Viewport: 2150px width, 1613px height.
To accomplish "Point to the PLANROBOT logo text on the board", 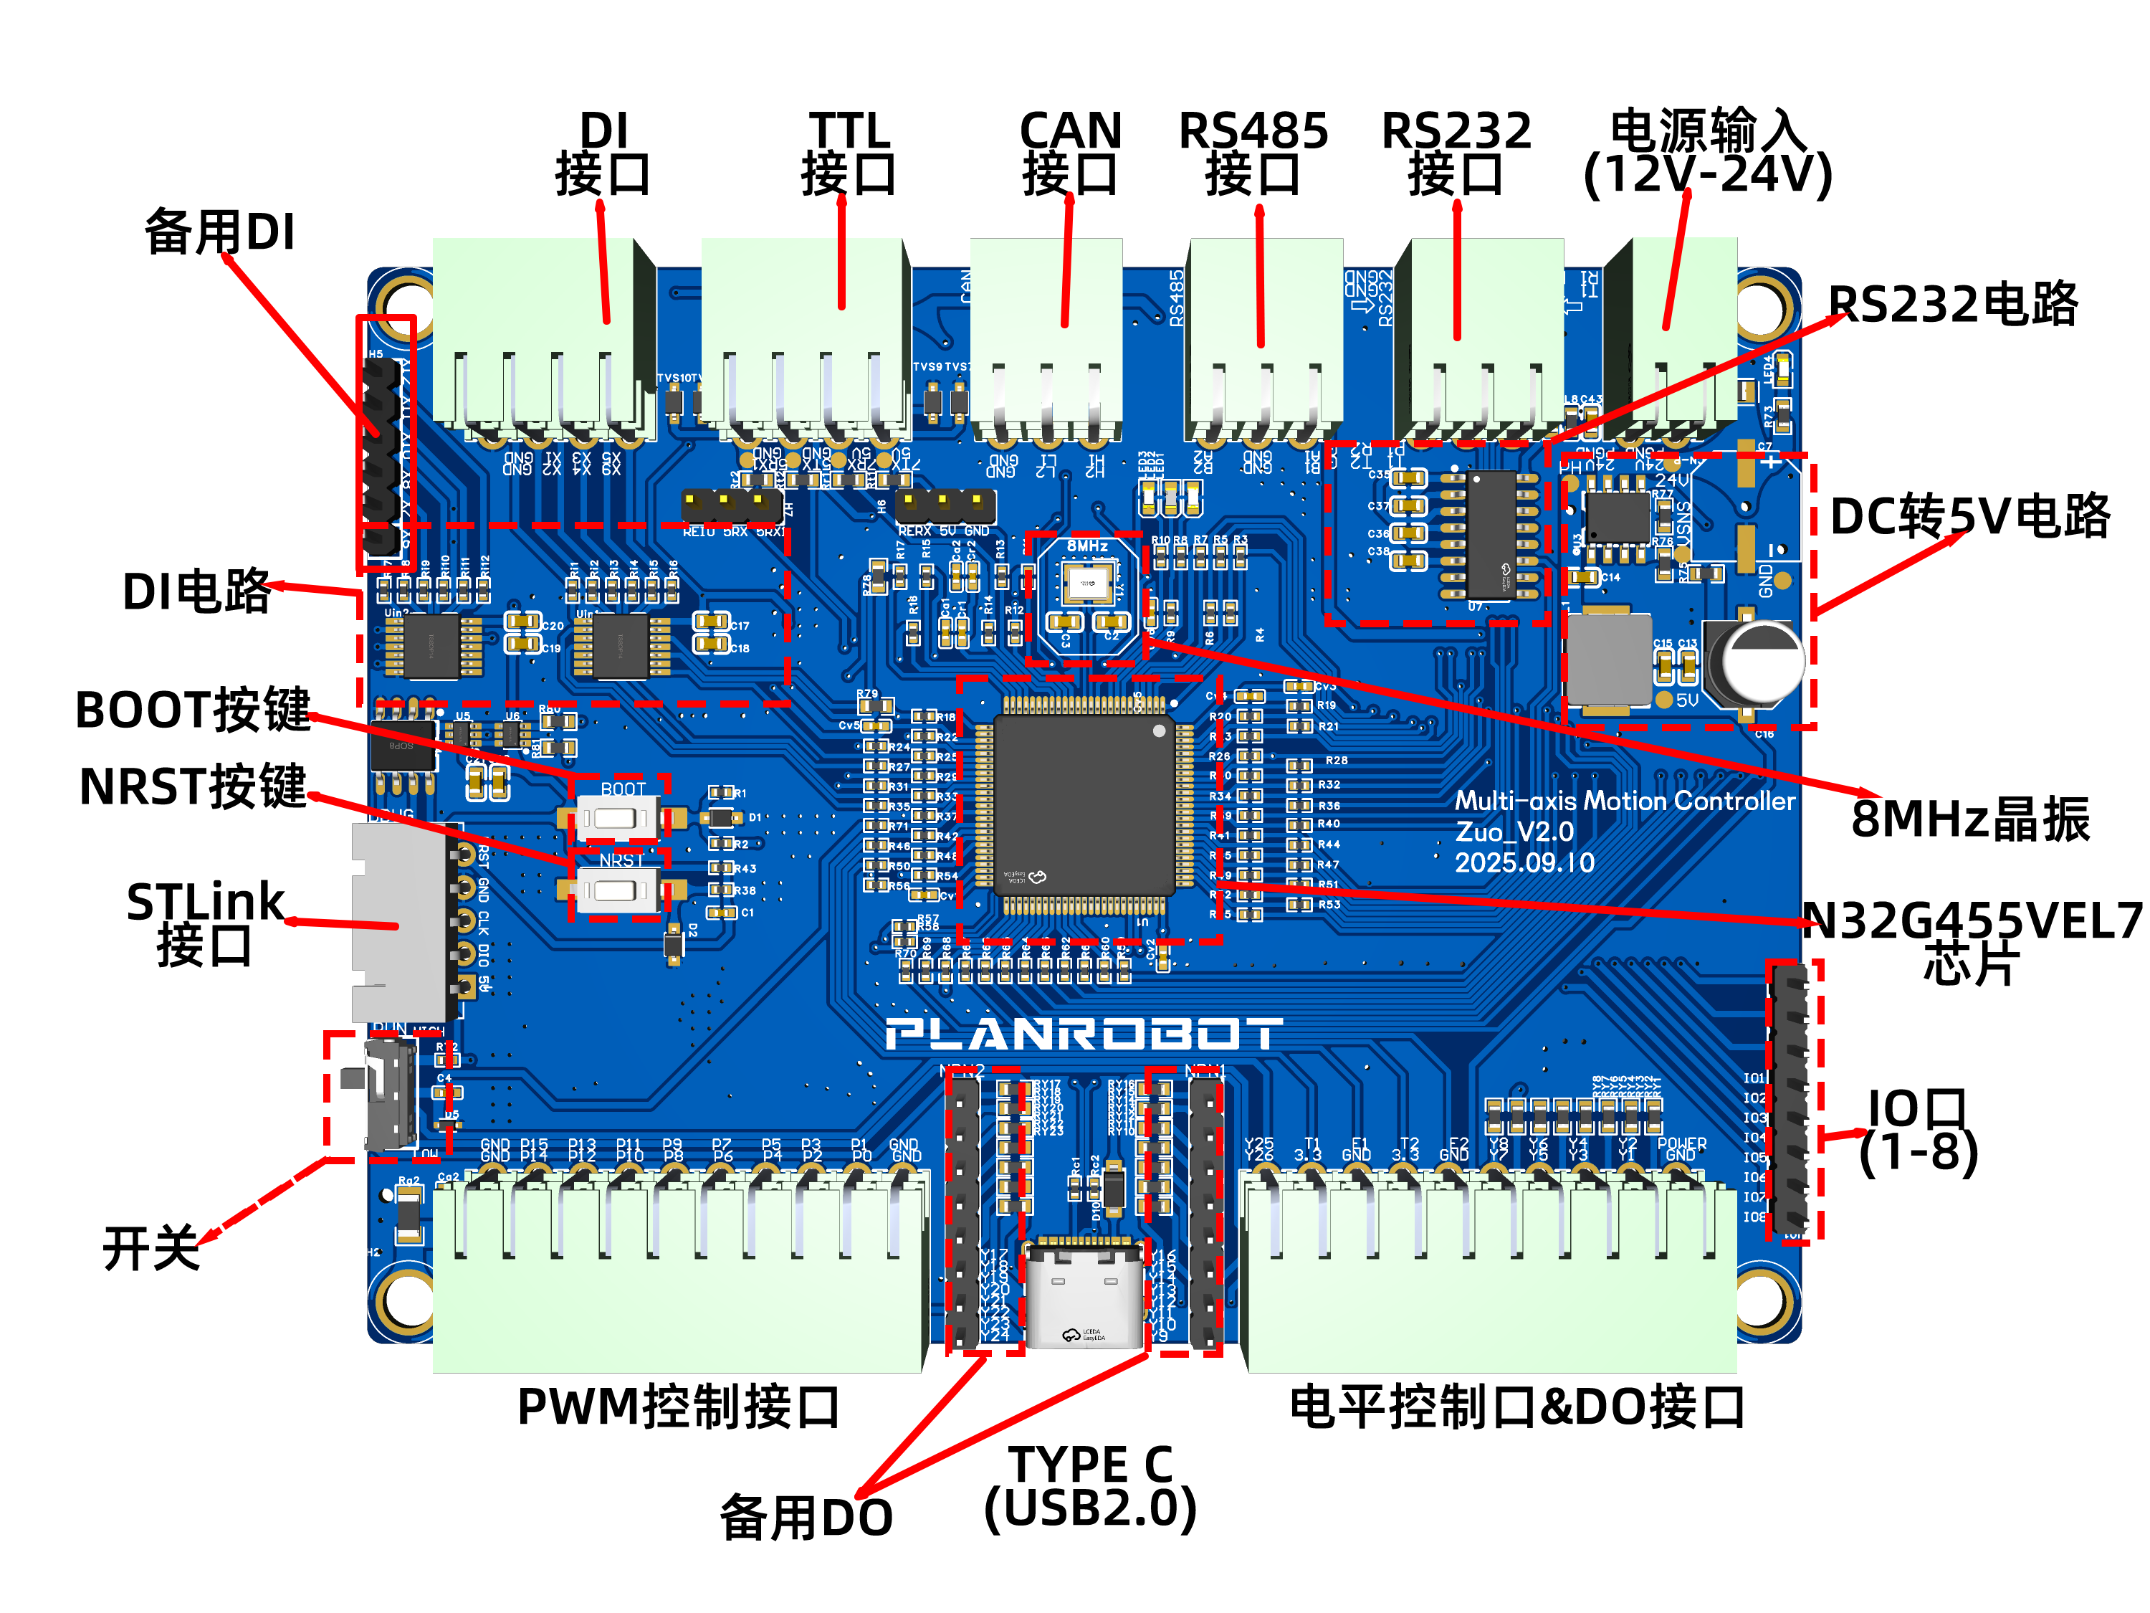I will tap(1083, 1034).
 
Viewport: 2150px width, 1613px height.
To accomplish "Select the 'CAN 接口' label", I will tap(1069, 153).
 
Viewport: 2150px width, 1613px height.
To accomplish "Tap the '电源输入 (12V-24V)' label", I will tap(1708, 153).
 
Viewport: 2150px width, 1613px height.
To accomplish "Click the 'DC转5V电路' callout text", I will tap(1969, 516).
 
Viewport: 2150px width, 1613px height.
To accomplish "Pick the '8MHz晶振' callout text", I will tap(1969, 819).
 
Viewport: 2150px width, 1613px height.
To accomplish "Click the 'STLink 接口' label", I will tap(205, 923).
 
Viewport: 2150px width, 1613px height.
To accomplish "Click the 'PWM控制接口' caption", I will tap(679, 1407).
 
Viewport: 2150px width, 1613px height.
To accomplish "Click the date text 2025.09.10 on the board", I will tap(1524, 862).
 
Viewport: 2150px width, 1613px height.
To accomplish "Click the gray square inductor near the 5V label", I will tap(1609, 658).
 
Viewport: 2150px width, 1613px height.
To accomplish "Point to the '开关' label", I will tap(150, 1247).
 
